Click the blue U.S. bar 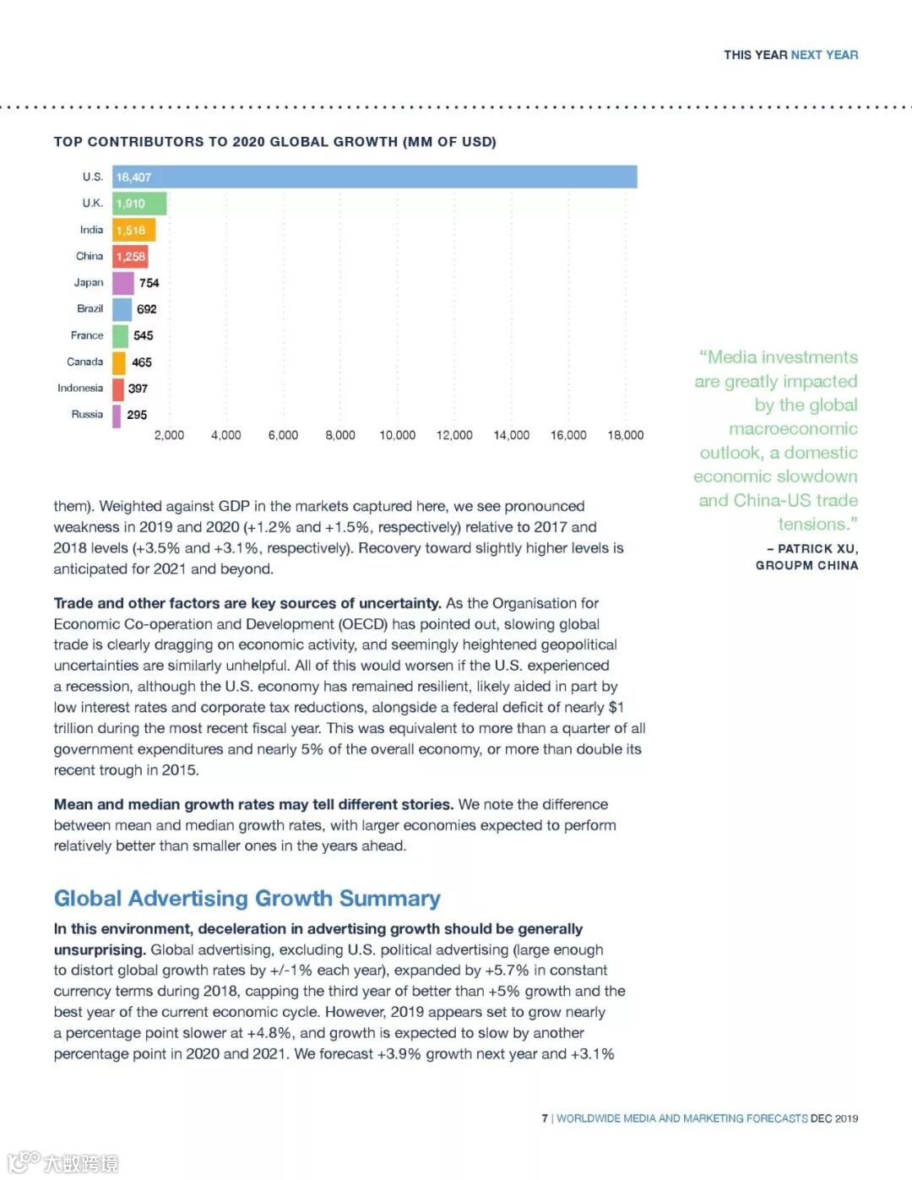375,177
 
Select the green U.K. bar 139,204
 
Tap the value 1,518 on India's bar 131,231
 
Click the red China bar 130,257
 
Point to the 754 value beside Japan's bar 149,283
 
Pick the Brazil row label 90,309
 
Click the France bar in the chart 120,335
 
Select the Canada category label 84,362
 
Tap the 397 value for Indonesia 138,389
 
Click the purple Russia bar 117,415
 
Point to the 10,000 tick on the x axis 397,435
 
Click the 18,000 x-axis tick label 625,435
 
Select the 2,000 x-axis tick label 169,435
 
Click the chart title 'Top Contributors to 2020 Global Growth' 274,142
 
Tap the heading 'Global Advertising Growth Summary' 247,898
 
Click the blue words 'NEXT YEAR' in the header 824,55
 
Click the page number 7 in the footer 545,1118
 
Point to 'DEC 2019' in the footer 834,1118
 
